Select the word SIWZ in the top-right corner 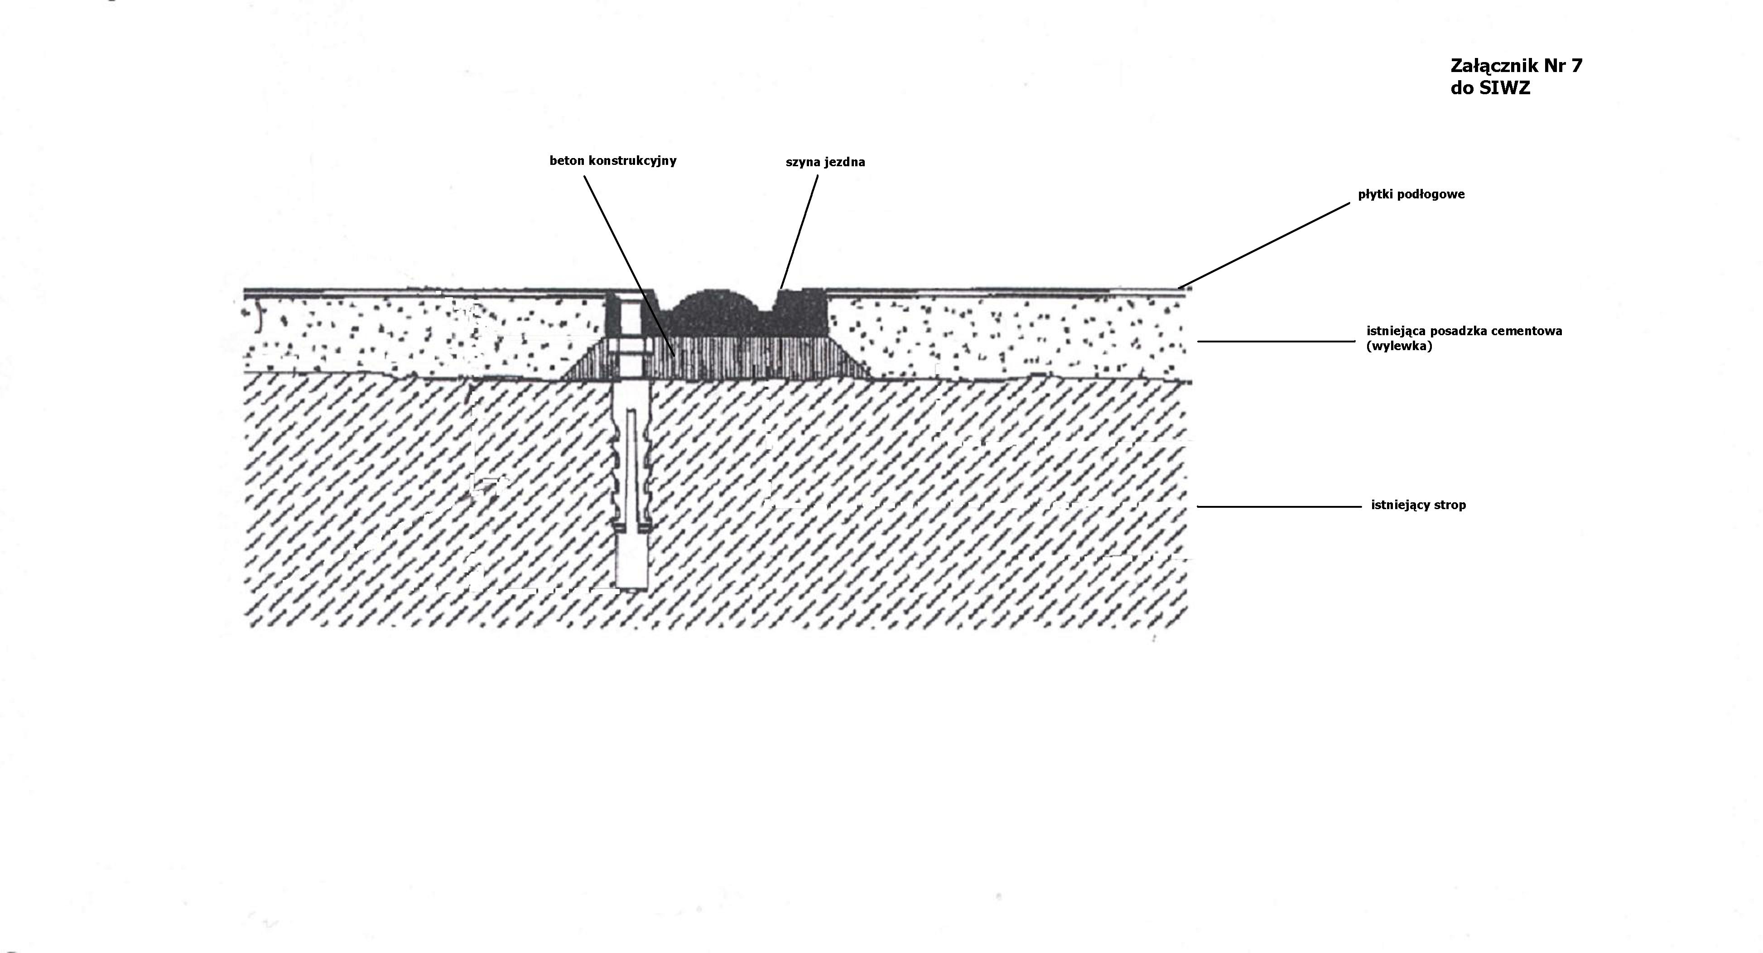[x=1502, y=89]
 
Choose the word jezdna [x=844, y=163]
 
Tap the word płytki [x=1376, y=195]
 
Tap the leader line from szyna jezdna [x=800, y=229]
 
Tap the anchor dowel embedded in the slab [x=631, y=479]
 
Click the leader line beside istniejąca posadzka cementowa [x=1276, y=342]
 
